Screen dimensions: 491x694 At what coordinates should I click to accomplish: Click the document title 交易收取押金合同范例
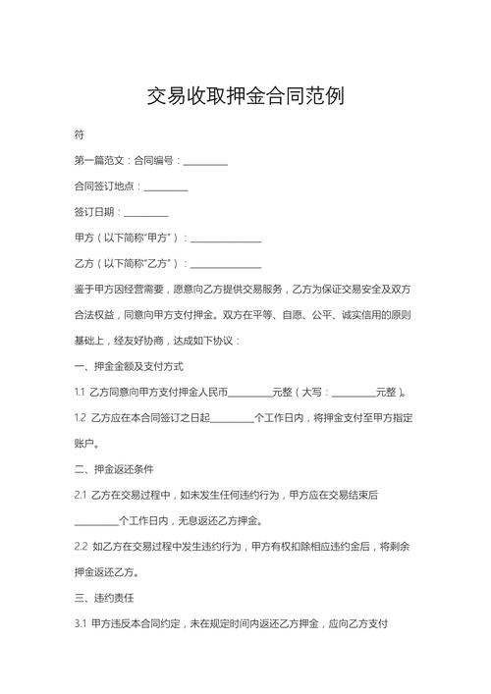pos(245,96)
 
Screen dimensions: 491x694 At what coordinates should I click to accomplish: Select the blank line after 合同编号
pos(205,160)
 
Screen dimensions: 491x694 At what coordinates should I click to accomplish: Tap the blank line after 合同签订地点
pos(166,187)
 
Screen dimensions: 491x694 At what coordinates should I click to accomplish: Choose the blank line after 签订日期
pos(146,213)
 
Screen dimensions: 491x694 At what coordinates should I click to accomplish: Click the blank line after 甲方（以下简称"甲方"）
pos(226,239)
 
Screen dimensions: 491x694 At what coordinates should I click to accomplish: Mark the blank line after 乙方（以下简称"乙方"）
pos(226,265)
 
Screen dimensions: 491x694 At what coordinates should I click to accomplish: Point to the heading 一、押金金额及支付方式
pos(129,367)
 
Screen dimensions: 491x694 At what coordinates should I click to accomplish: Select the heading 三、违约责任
pos(104,597)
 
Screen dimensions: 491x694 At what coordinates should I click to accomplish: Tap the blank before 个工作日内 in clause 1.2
pos(232,418)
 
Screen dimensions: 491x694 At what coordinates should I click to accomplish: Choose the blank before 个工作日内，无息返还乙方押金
pos(96,520)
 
